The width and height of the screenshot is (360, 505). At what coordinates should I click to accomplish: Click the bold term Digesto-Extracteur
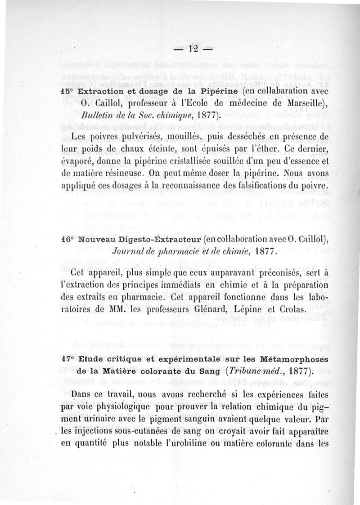click(x=160, y=239)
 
